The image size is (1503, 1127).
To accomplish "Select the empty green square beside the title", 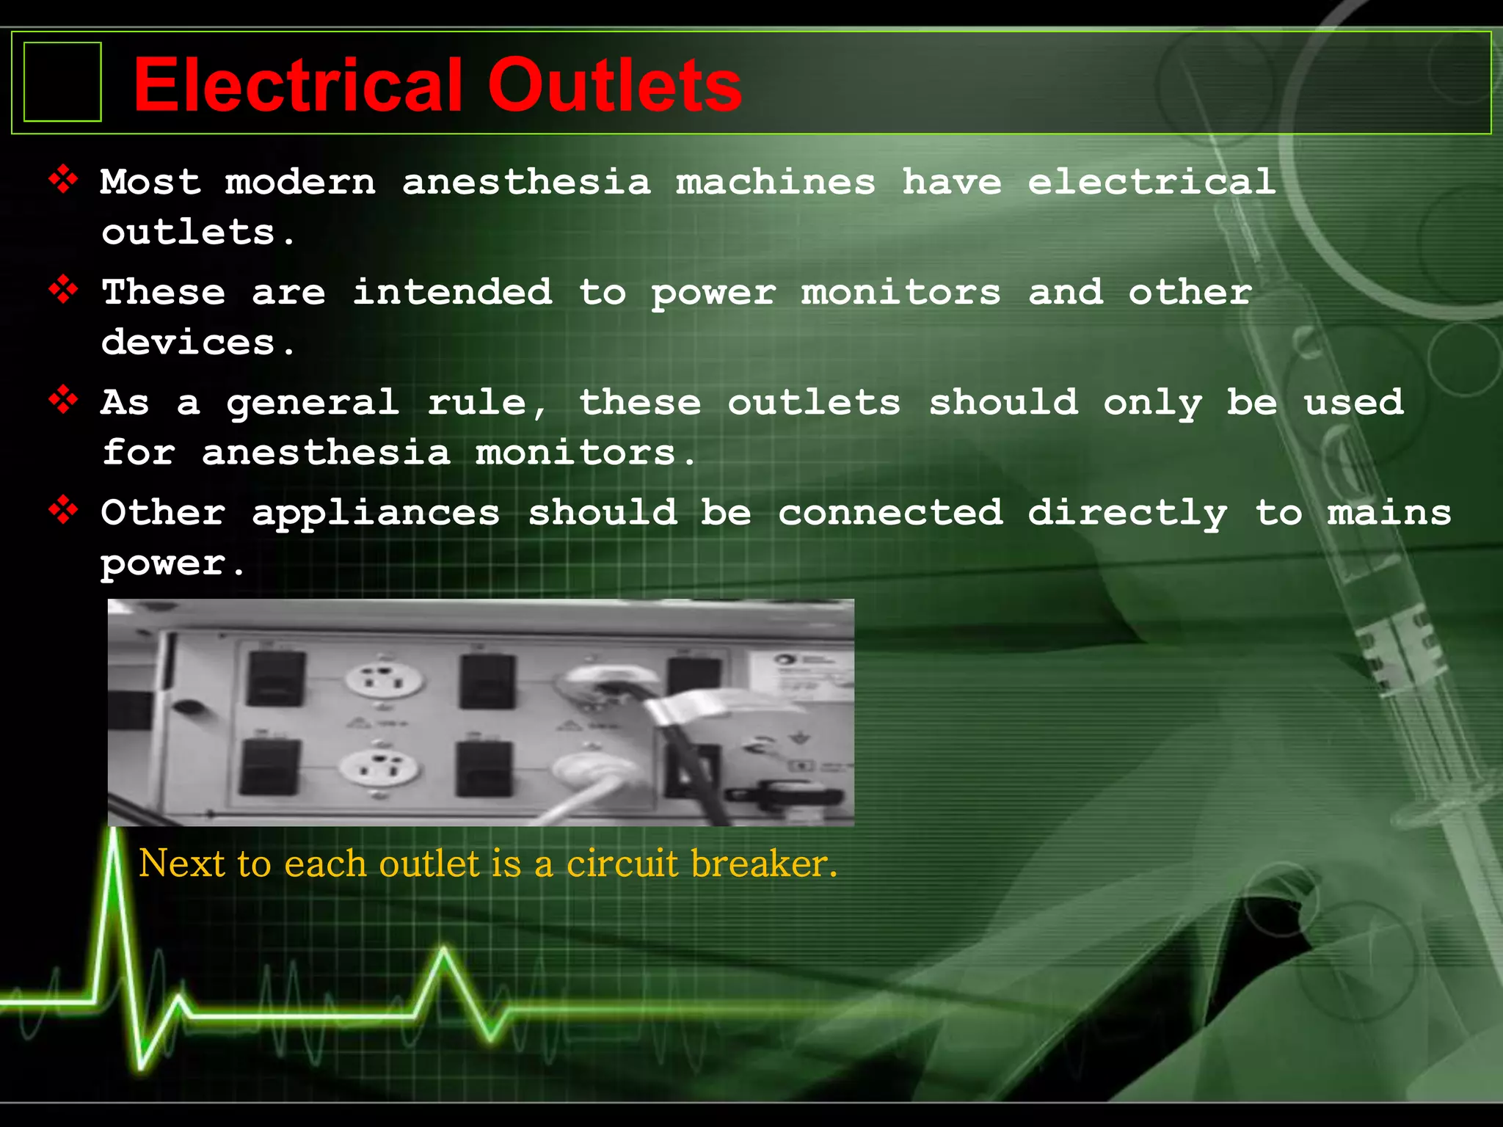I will coord(62,81).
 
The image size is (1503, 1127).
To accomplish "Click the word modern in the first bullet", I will coord(300,182).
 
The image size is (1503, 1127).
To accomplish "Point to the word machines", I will coord(776,182).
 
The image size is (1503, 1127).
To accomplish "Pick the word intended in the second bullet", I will coord(452,292).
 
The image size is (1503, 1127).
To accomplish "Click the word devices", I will coord(189,343).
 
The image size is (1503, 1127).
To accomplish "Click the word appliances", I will coord(376,513).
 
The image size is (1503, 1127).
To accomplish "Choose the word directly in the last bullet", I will coord(1127,513).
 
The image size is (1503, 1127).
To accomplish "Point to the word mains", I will coord(1389,512).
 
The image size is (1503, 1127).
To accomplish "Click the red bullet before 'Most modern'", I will coord(64,180).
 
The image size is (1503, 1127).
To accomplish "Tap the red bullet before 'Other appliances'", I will coord(64,510).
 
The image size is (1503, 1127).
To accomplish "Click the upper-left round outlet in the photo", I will coord(385,678).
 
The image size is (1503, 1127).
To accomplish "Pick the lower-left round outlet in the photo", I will coord(379,767).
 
